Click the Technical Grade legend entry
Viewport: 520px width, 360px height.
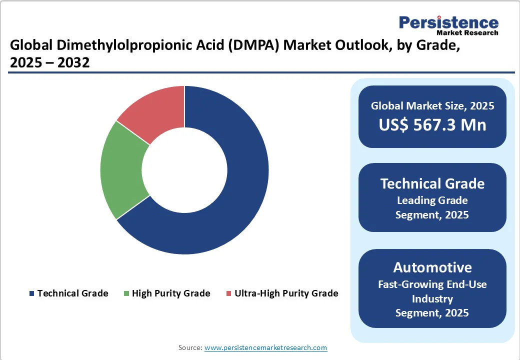tap(72, 293)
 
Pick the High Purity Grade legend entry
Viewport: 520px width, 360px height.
tap(171, 293)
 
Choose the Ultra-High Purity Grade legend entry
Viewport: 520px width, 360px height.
tap(286, 293)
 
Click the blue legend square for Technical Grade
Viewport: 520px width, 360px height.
tap(32, 293)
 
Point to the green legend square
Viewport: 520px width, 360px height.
tap(127, 293)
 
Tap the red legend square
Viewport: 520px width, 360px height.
tap(229, 293)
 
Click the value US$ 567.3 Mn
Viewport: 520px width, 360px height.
tap(432, 125)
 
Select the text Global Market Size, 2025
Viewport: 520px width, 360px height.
tap(432, 106)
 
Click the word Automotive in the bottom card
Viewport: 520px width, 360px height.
tap(432, 267)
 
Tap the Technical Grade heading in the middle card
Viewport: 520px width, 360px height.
tap(432, 183)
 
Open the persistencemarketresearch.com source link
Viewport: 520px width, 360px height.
tap(265, 347)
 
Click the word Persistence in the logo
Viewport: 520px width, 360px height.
tap(448, 23)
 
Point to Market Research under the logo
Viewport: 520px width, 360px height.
tap(467, 33)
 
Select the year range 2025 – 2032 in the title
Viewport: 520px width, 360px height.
tap(49, 63)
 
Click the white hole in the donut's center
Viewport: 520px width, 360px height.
tap(184, 170)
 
